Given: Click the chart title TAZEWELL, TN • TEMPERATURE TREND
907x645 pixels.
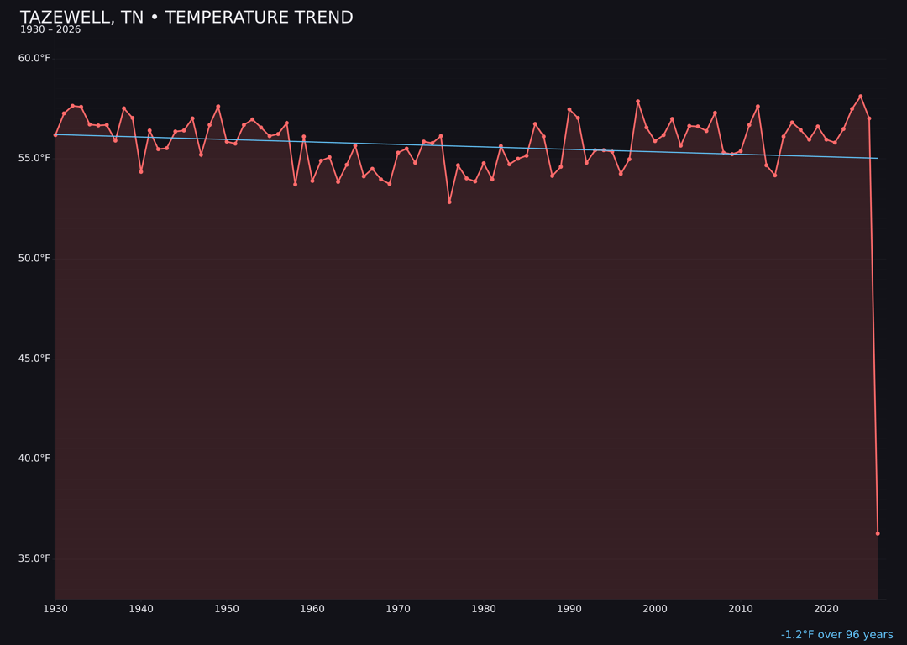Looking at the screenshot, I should point(186,18).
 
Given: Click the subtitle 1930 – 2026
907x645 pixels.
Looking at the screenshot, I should point(50,30).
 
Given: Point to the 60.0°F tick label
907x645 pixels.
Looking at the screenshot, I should point(34,58).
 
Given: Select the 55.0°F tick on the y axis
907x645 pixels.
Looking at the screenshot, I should point(34,158).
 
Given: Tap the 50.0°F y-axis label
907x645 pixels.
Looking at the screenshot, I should point(34,258).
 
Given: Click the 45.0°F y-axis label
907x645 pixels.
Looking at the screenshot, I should point(34,359).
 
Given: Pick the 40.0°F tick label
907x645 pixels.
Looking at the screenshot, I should point(34,459).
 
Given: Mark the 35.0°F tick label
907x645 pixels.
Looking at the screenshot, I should point(34,558).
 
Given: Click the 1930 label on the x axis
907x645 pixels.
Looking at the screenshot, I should point(55,609).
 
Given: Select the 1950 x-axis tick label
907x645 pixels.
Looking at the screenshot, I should point(227,609).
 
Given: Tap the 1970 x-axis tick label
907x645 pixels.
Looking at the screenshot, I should point(398,609).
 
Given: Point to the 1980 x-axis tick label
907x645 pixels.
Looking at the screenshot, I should point(484,609).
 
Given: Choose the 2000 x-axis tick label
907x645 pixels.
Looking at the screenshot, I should point(655,609).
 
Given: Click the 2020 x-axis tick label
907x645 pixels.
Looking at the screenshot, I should point(826,609).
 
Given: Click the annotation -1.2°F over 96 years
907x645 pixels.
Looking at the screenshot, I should point(836,635).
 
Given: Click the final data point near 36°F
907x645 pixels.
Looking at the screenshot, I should point(878,533).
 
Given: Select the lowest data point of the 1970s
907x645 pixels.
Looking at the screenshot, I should point(449,202).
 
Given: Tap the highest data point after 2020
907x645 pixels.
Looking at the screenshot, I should point(861,97).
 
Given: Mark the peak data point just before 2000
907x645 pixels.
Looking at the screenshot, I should point(637,102).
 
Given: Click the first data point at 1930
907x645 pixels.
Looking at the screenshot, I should point(55,134).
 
